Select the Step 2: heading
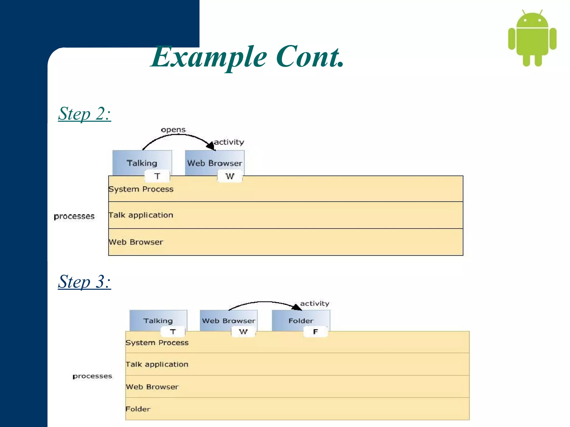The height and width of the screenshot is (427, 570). point(84,114)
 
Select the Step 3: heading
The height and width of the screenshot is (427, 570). point(84,282)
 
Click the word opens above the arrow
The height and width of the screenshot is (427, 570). point(173,130)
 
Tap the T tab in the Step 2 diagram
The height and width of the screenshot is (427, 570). point(157,176)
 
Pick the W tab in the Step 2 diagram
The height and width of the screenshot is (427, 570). point(230,176)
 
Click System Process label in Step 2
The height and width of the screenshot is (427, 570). point(141,189)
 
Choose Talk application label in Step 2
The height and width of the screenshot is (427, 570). point(141,215)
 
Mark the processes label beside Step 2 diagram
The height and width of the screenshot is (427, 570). point(74,216)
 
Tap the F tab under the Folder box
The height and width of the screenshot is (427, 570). point(315,332)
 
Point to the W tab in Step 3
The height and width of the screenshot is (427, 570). point(243,332)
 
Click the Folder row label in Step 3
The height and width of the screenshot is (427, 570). point(138,409)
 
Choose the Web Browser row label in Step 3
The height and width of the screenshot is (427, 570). point(152,387)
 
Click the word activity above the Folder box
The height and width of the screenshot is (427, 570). point(315,304)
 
